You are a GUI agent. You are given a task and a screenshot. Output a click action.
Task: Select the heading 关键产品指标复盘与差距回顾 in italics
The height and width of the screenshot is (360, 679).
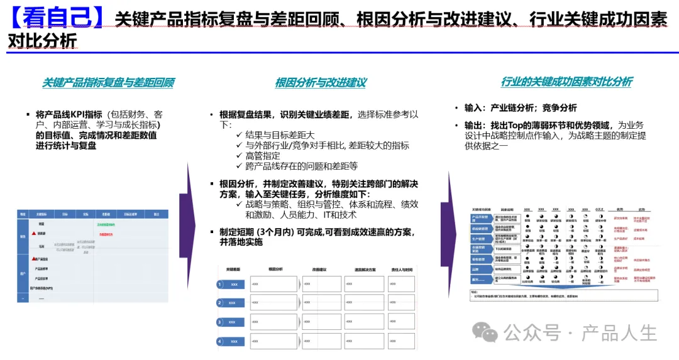click(x=108, y=82)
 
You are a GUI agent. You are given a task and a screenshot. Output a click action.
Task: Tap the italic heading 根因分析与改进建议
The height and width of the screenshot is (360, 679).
click(x=321, y=82)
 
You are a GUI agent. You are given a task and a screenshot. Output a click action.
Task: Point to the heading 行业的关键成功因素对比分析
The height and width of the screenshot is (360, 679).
click(x=566, y=82)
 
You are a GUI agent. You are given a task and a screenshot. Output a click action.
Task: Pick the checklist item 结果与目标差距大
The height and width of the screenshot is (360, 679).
click(x=280, y=135)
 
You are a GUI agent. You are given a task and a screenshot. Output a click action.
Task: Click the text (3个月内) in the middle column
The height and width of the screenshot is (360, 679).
click(x=282, y=232)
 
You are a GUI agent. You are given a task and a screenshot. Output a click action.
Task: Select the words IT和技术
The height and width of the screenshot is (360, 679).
click(x=339, y=214)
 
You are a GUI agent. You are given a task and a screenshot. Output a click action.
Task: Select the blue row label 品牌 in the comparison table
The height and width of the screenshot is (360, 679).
click(x=476, y=269)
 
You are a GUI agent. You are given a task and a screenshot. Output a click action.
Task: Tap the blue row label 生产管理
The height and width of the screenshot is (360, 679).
click(x=480, y=238)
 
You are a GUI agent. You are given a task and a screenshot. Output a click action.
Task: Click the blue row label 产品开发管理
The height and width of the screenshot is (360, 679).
click(x=480, y=217)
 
